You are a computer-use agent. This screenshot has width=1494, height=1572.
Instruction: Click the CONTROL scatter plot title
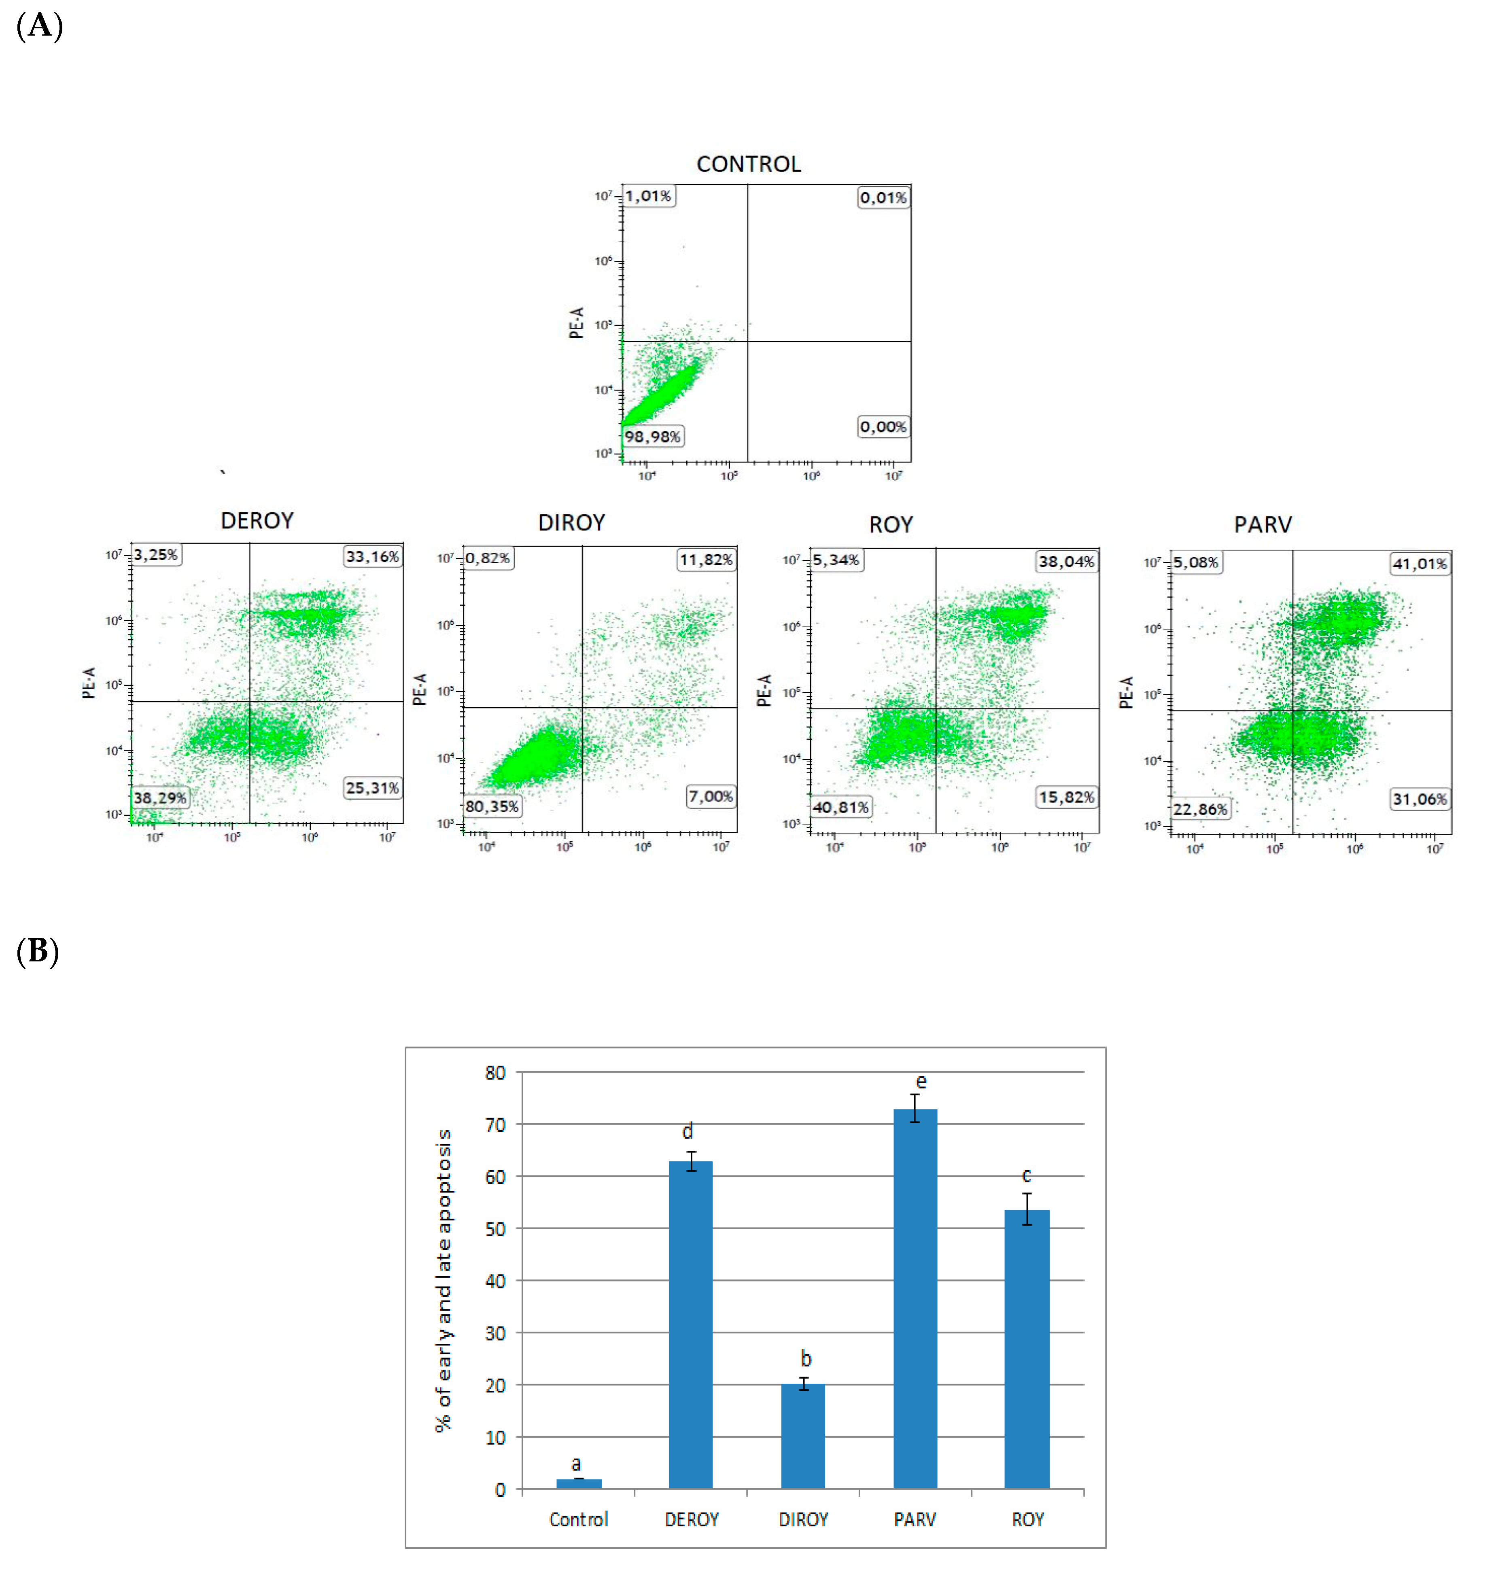pyautogui.click(x=748, y=164)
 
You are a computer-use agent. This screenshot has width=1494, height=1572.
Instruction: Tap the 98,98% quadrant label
pyautogui.click(x=652, y=437)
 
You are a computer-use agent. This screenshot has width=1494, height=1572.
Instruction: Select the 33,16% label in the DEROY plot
pyautogui.click(x=372, y=556)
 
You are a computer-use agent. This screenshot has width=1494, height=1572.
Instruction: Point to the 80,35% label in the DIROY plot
pyautogui.click(x=491, y=806)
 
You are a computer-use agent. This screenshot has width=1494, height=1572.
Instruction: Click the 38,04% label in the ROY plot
pyautogui.click(x=1065, y=562)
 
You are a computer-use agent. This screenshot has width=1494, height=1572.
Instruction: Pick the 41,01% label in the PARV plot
pyautogui.click(x=1419, y=564)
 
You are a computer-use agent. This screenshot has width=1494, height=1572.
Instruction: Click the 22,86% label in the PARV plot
pyautogui.click(x=1200, y=809)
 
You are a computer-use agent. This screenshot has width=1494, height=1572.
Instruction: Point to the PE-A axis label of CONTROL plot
pyautogui.click(x=577, y=322)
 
